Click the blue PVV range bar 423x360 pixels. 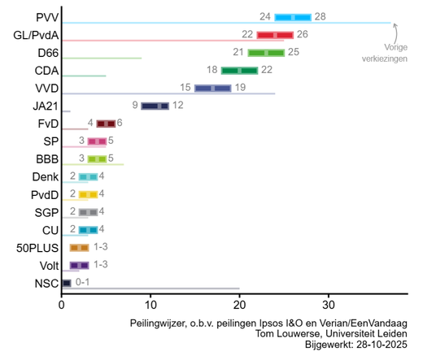click(293, 17)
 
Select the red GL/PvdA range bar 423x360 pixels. click(275, 35)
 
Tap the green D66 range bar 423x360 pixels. click(266, 53)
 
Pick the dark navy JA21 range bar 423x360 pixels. click(155, 106)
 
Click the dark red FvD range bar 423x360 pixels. click(106, 124)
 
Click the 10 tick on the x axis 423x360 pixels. click(150, 306)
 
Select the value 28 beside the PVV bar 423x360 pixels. click(320, 17)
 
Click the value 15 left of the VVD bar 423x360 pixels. click(186, 88)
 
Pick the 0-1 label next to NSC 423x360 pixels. click(83, 283)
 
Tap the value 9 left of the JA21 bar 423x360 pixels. click(135, 106)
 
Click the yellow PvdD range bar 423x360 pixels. click(88, 194)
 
